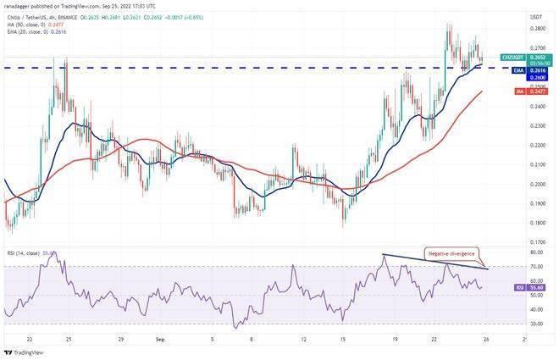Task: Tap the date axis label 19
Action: [x=395, y=337]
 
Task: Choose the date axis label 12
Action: [x=303, y=337]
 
